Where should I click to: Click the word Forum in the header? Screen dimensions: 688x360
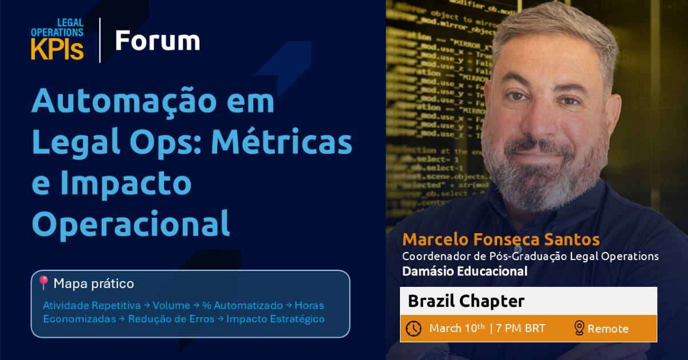(x=158, y=41)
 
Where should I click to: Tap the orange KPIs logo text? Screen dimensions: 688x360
(x=57, y=49)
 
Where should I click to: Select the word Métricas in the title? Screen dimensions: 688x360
(x=282, y=142)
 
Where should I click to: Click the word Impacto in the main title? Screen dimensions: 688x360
(x=126, y=183)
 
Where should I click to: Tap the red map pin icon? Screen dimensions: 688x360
(x=43, y=283)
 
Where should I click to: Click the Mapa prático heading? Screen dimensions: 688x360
(x=94, y=283)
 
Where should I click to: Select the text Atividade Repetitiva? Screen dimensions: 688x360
(x=92, y=305)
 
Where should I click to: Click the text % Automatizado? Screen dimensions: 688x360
(x=243, y=305)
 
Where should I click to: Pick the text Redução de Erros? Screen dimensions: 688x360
(x=171, y=319)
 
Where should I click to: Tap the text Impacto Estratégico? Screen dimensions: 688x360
(x=275, y=319)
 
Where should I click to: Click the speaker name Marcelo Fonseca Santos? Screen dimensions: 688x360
(x=501, y=239)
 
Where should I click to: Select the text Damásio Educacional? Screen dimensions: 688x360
(x=465, y=271)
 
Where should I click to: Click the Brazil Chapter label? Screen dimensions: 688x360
(x=466, y=301)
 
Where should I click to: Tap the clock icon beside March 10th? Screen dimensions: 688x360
(x=414, y=329)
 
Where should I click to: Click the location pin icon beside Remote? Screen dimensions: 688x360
(x=579, y=328)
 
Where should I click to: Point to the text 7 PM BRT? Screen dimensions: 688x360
(x=521, y=328)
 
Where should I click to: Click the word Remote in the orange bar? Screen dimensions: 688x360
(x=608, y=329)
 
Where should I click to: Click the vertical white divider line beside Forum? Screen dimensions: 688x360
(x=100, y=40)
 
